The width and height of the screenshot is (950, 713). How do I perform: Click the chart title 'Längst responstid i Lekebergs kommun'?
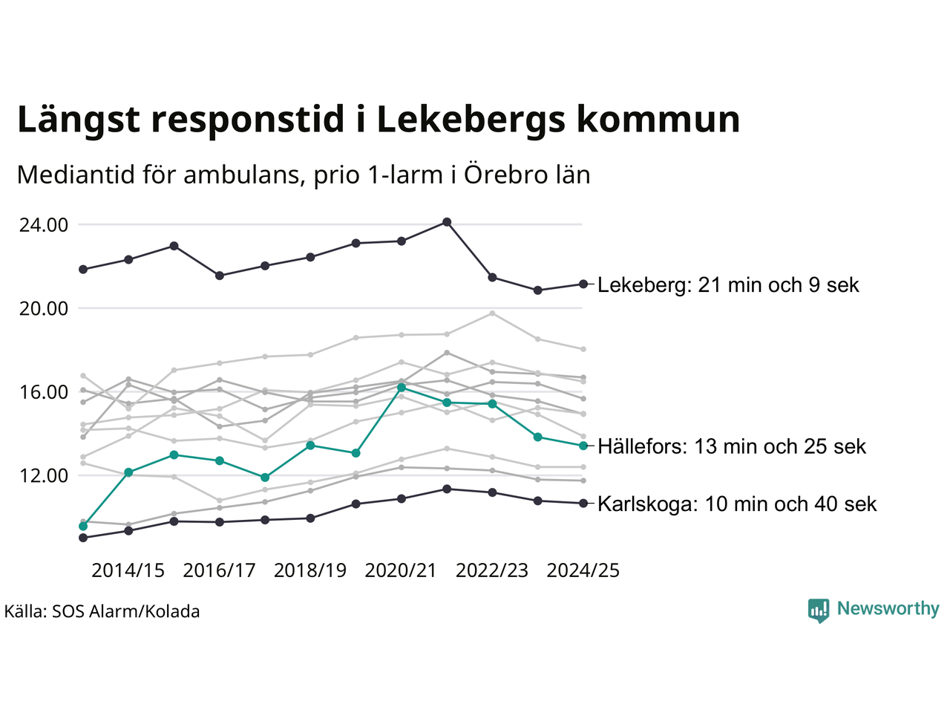coord(379,120)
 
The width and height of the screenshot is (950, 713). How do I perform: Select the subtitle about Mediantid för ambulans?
coord(303,175)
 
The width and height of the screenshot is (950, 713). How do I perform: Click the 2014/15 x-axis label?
coord(128,570)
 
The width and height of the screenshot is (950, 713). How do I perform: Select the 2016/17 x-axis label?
coord(219,570)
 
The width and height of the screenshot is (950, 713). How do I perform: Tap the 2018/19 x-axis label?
coord(310,570)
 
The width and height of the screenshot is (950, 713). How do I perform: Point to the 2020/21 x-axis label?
coord(402,570)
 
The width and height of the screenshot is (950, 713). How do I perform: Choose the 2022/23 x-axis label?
coord(492,570)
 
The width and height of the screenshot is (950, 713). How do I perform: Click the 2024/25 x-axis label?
coord(583,570)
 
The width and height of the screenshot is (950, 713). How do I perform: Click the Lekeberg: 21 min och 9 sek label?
coord(728,285)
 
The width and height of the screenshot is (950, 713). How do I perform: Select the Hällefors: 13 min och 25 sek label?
coord(732,446)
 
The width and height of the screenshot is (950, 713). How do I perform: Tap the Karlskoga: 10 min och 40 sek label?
coord(737,504)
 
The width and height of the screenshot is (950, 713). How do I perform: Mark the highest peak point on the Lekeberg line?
coord(447,222)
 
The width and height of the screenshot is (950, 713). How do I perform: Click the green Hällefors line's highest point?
coord(402,387)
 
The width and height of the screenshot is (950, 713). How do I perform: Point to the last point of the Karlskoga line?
coord(583,504)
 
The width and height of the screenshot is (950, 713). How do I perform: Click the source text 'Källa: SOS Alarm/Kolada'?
coord(102,612)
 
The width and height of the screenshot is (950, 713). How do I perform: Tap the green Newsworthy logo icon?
coord(818,610)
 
